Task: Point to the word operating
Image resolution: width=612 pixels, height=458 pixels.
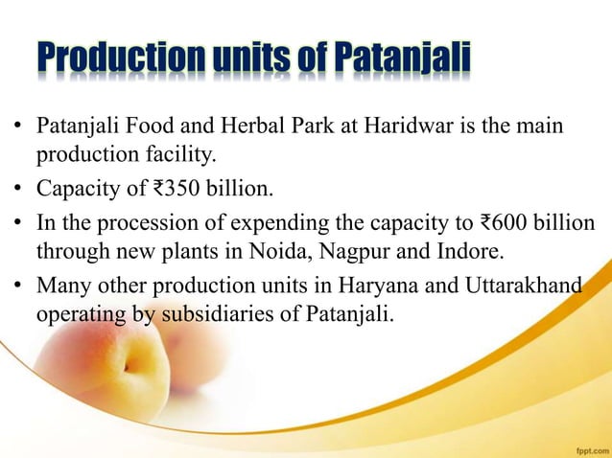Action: pyautogui.click(x=81, y=311)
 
